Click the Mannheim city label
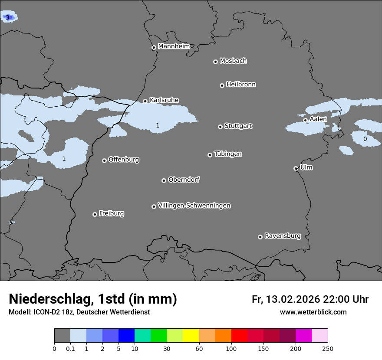click(x=174, y=46)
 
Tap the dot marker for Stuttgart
click(x=220, y=127)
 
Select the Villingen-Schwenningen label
click(x=194, y=206)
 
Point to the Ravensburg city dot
click(x=260, y=237)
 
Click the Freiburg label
click(x=111, y=213)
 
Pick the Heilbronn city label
click(x=241, y=85)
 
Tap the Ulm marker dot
click(x=296, y=168)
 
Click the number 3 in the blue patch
click(x=7, y=17)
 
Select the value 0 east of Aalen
click(x=365, y=139)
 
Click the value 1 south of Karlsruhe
click(x=158, y=125)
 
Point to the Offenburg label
click(x=124, y=160)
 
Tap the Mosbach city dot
click(x=215, y=62)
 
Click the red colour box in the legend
click(x=239, y=336)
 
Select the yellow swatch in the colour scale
click(x=191, y=336)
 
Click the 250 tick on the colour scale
click(x=327, y=348)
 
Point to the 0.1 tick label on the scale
click(x=70, y=348)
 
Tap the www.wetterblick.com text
click(x=313, y=312)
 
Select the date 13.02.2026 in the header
click(x=293, y=299)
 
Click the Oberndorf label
click(x=184, y=180)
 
